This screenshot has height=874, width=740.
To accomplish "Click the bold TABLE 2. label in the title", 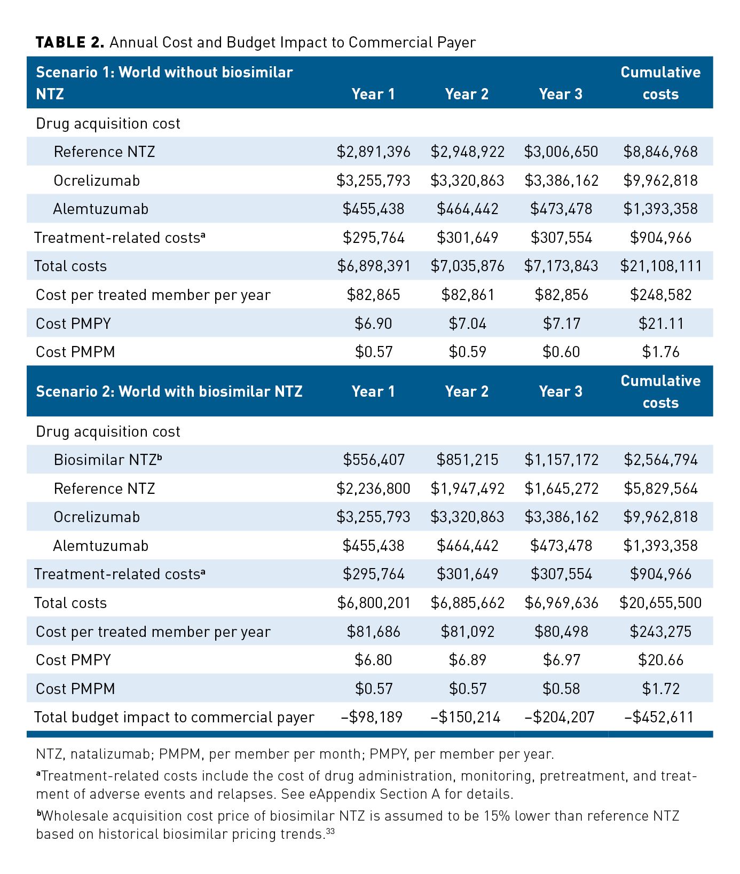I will click(69, 43).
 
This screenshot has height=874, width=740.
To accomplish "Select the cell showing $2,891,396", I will click(373, 152).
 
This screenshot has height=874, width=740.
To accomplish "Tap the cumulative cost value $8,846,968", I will click(660, 152).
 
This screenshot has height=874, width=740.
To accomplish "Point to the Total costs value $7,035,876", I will click(467, 266).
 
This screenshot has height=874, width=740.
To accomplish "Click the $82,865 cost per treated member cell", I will click(373, 295).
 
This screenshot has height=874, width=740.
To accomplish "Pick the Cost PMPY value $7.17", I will click(561, 324).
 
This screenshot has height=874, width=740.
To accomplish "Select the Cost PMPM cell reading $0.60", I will click(561, 352).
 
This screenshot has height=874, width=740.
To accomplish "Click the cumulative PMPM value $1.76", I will click(660, 352).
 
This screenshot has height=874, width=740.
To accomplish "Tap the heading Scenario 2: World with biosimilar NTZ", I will click(169, 391).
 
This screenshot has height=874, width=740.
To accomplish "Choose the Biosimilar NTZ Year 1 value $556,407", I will click(373, 460).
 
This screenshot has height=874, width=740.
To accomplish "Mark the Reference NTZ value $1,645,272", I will click(561, 489).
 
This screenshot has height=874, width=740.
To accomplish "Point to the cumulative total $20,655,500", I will click(660, 603).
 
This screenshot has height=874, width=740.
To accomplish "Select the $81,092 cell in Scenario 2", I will click(467, 632).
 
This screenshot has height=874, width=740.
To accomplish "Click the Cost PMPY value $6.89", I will click(467, 660).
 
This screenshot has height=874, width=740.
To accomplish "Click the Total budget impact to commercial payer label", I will click(174, 717).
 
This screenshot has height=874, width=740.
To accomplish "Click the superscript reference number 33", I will click(330, 831).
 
